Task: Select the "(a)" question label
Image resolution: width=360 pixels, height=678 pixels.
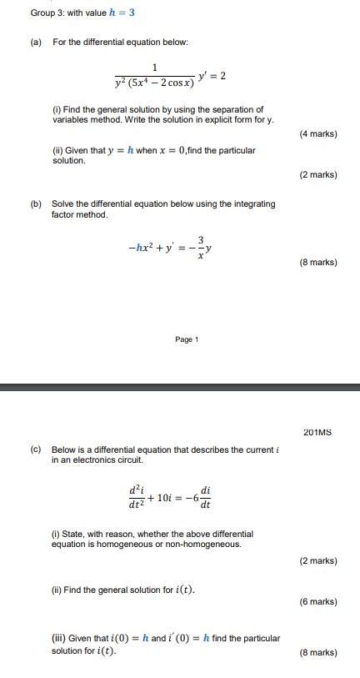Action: (37, 42)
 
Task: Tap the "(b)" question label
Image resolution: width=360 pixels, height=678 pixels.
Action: (37, 203)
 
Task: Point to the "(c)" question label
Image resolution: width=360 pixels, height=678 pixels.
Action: (37, 449)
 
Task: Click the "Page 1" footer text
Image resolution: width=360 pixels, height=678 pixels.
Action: (187, 339)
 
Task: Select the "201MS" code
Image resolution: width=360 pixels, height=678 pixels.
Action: (317, 432)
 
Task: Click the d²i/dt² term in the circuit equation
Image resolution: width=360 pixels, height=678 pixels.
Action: (135, 498)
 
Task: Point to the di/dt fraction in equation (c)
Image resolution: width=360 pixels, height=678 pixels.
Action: (205, 498)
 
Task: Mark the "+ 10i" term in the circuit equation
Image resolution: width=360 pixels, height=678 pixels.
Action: (164, 498)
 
